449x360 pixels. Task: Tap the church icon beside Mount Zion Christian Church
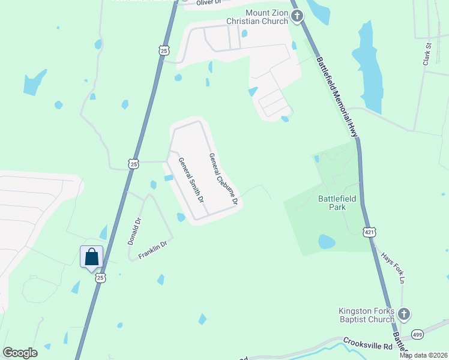click(x=298, y=17)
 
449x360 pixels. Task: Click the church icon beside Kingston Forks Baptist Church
click(x=404, y=313)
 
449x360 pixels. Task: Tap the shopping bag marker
click(x=91, y=257)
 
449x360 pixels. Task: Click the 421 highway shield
click(x=370, y=232)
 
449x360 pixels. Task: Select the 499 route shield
click(x=418, y=334)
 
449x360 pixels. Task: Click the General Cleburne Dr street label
click(x=223, y=179)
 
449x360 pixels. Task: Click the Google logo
click(x=20, y=352)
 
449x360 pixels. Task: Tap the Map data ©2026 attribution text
click(x=423, y=355)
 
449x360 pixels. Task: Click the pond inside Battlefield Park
click(x=326, y=242)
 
